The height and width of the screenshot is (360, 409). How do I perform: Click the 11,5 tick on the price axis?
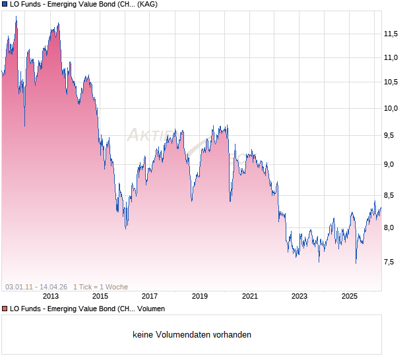coord(391,34)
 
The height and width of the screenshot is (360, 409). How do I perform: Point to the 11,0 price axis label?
coord(391,58)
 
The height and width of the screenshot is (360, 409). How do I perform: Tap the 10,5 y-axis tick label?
coord(391,82)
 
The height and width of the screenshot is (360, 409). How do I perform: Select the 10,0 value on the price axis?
coord(391,108)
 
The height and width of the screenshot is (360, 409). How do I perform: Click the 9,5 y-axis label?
coord(393,136)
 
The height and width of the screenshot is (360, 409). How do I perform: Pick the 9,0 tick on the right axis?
coord(393,165)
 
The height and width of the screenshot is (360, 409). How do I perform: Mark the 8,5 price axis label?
coord(393,195)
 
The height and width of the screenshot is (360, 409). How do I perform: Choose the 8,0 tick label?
coord(393,227)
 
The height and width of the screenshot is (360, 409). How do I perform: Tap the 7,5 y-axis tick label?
coord(393,262)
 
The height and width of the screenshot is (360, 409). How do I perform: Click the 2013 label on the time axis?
coord(50,296)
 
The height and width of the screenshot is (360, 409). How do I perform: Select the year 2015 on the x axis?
coord(100,296)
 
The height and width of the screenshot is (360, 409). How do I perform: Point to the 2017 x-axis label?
coord(150,296)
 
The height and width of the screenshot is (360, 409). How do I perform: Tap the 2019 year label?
coord(200,296)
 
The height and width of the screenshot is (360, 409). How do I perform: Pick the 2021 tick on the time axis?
coord(249,296)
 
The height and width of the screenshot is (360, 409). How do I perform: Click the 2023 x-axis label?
coord(299,296)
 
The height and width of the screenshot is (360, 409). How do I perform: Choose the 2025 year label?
coord(349,296)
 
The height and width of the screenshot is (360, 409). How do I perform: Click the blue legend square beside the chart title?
coord(5,5)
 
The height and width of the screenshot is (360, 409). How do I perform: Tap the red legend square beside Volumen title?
coord(5,309)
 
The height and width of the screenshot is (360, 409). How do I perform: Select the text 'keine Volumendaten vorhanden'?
coord(192,335)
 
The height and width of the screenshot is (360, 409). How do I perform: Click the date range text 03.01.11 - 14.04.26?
coord(36,287)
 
